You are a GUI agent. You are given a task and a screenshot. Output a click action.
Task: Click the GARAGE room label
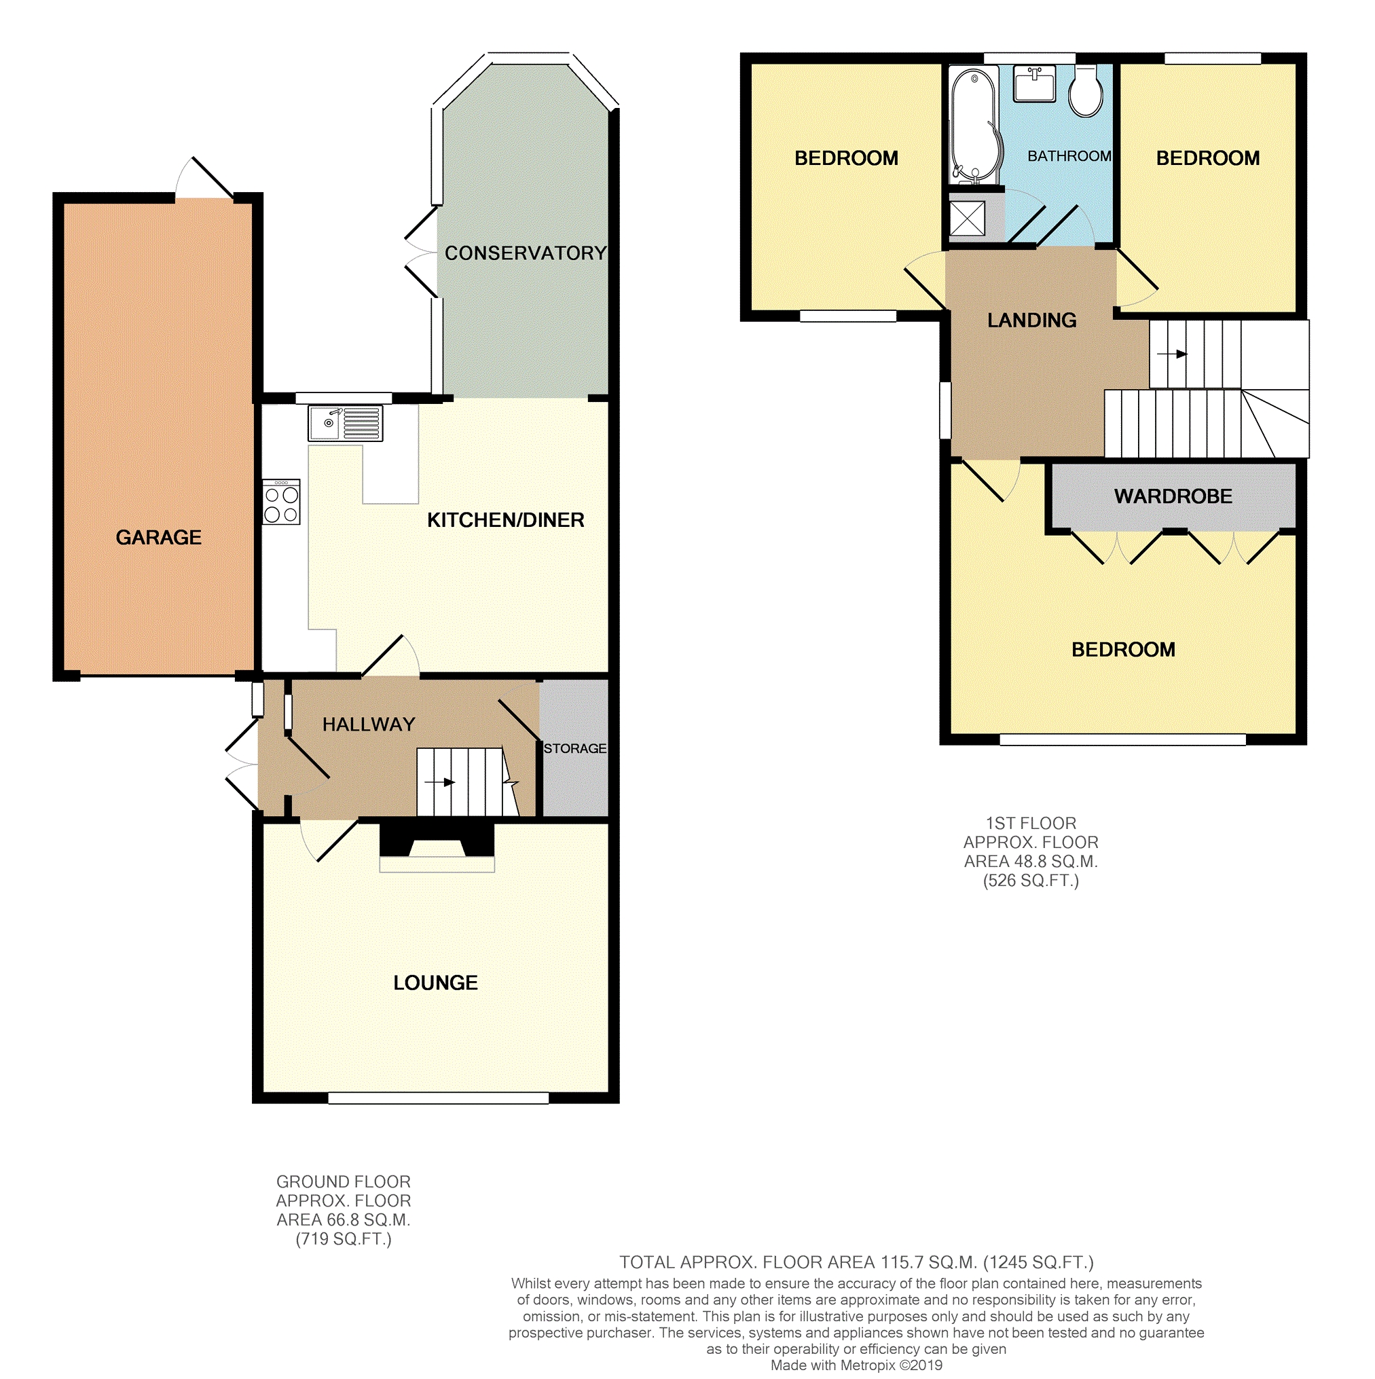click(x=158, y=538)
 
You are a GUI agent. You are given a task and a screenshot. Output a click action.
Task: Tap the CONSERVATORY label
click(x=526, y=253)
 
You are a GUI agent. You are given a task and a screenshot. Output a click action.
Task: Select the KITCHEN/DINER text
click(x=505, y=520)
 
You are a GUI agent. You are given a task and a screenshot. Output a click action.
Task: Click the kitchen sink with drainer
click(x=346, y=423)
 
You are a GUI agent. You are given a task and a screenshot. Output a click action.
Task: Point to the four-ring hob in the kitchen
click(x=281, y=502)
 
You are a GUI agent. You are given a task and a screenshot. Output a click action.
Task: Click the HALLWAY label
click(x=369, y=724)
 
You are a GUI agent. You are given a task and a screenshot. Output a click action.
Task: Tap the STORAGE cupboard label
click(x=574, y=748)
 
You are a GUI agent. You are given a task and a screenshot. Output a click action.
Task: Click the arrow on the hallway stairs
click(x=440, y=782)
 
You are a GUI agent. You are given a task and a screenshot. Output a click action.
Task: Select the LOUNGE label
click(x=435, y=983)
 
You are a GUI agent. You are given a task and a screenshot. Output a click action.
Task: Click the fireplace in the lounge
click(x=437, y=847)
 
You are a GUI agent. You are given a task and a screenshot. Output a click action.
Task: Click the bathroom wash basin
click(x=1034, y=84)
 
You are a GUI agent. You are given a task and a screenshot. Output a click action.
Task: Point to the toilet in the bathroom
click(x=1086, y=93)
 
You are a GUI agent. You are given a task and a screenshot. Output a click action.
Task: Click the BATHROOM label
click(x=1069, y=156)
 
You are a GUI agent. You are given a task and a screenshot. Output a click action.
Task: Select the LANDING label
click(x=1031, y=320)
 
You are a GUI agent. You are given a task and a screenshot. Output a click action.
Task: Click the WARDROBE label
click(x=1173, y=497)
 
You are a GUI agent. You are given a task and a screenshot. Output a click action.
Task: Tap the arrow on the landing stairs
click(x=1172, y=354)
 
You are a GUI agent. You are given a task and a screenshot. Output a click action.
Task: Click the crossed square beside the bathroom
click(x=968, y=219)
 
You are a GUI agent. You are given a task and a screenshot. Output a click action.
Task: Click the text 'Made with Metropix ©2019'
click(x=856, y=1365)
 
